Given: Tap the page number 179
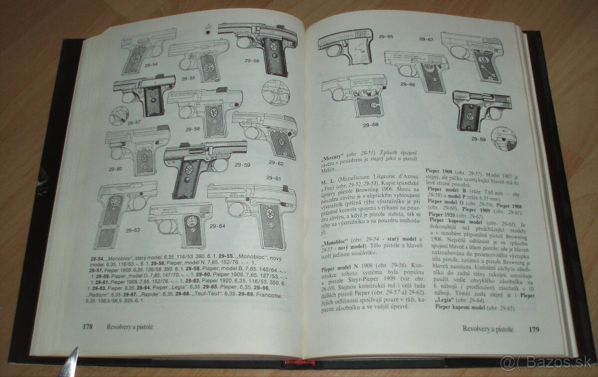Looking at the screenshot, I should click(534, 330).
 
